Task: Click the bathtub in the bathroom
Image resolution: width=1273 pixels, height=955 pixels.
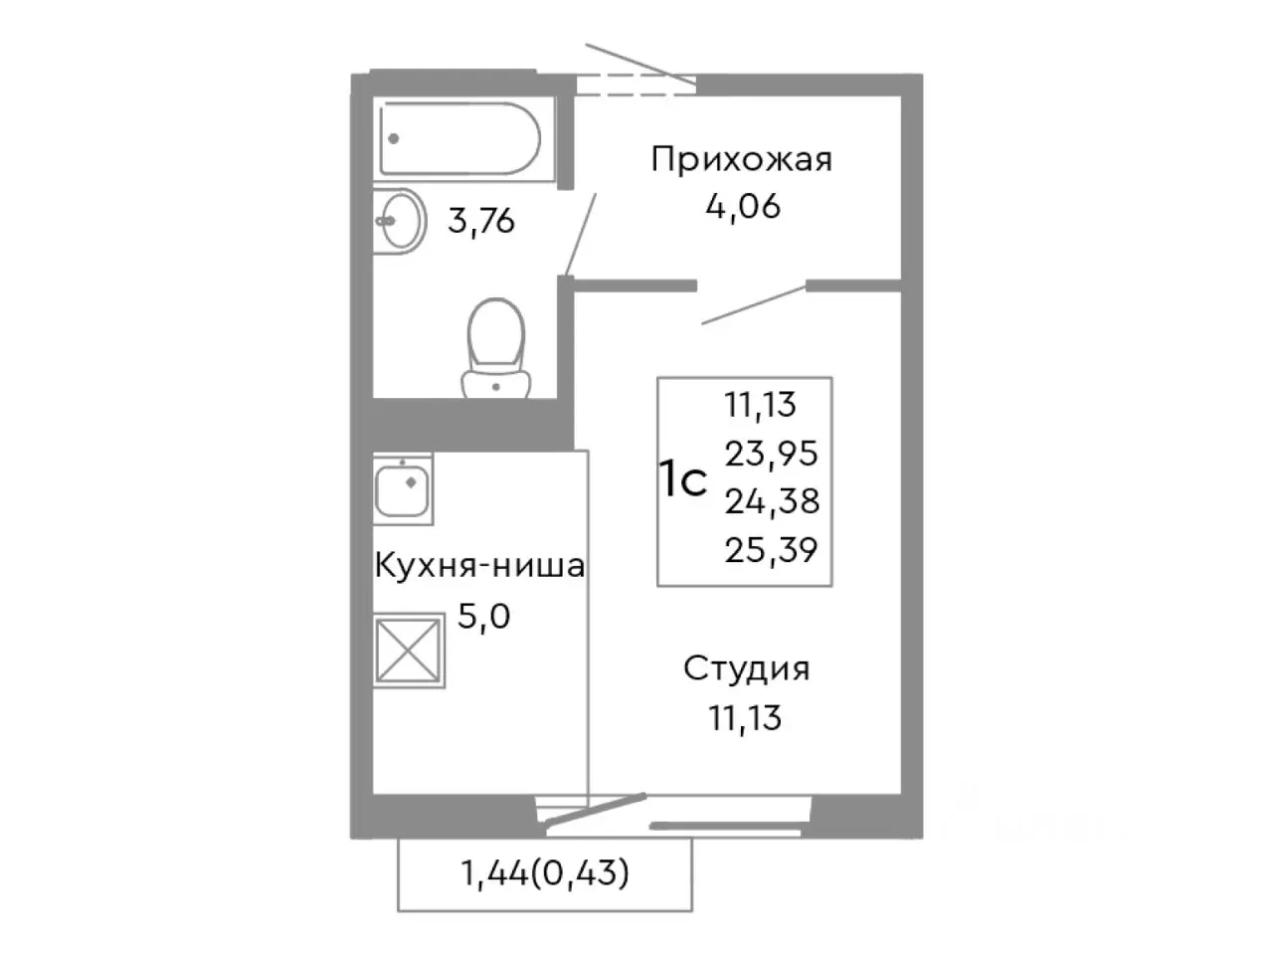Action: pyautogui.click(x=459, y=141)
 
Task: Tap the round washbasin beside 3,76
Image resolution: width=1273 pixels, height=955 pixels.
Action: pyautogui.click(x=400, y=221)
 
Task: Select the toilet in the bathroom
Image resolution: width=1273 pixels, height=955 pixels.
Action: pyautogui.click(x=496, y=348)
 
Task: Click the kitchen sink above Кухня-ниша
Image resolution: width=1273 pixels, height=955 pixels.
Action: pyautogui.click(x=403, y=488)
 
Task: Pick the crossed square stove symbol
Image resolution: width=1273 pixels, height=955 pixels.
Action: pyautogui.click(x=409, y=652)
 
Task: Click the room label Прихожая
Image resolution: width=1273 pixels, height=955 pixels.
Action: pyautogui.click(x=741, y=159)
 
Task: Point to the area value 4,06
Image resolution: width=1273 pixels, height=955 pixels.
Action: pyautogui.click(x=742, y=207)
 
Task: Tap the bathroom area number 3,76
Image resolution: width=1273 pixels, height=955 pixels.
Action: pyautogui.click(x=481, y=220)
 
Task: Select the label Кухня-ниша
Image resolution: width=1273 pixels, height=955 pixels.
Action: pyautogui.click(x=479, y=567)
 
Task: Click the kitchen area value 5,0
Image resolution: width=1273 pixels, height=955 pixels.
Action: pyautogui.click(x=483, y=617)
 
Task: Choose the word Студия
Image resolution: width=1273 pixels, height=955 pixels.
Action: pyautogui.click(x=746, y=668)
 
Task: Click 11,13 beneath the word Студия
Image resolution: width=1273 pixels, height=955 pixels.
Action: pyautogui.click(x=745, y=716)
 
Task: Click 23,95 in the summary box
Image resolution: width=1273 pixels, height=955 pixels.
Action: pyautogui.click(x=771, y=454)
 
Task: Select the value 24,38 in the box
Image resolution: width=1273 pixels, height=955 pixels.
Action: pyautogui.click(x=772, y=501)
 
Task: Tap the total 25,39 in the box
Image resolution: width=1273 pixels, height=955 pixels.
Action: pyautogui.click(x=771, y=549)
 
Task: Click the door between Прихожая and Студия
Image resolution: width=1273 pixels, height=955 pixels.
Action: pyautogui.click(x=753, y=304)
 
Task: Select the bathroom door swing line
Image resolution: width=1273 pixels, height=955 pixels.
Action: pyautogui.click(x=582, y=234)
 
